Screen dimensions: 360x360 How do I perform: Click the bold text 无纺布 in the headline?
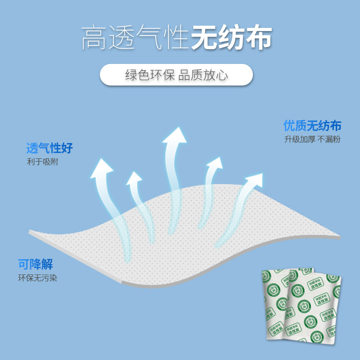pos(231,38)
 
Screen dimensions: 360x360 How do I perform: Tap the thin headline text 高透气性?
pos(135,38)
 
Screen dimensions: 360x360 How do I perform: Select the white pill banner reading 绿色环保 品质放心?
pos(176,75)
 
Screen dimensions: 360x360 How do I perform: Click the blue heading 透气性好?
pos(49,148)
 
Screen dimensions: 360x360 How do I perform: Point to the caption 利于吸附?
pos(42,162)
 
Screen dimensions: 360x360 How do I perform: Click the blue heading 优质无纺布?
pos(312,126)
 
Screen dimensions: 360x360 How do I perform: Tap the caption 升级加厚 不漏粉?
pos(312,139)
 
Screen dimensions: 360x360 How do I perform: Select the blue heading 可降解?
pos(36,265)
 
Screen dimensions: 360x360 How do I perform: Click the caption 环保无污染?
pos(37,278)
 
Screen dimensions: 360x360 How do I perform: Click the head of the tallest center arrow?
pos(174,135)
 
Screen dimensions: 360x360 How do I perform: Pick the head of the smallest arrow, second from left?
pos(134,178)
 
